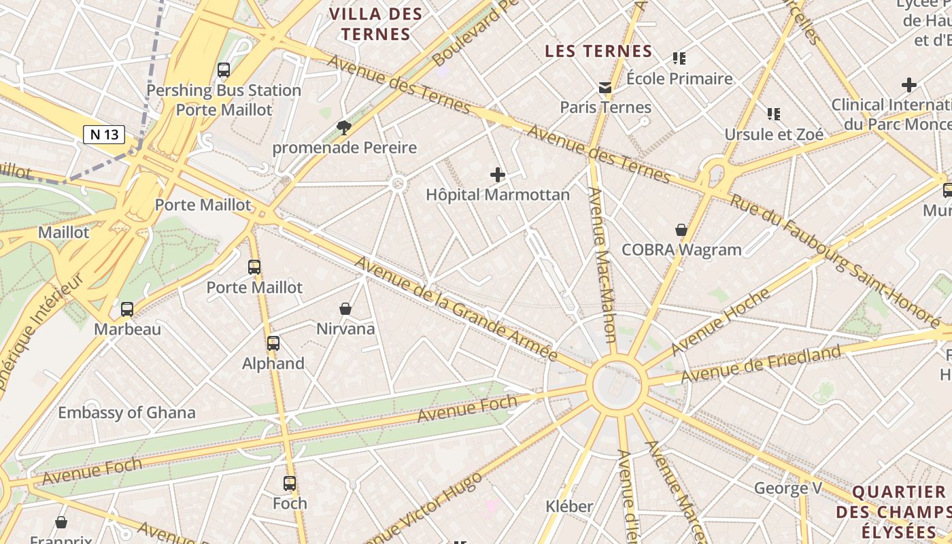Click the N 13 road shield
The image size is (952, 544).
[104, 134]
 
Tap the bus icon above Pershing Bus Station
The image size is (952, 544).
[224, 70]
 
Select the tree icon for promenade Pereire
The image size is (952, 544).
[344, 127]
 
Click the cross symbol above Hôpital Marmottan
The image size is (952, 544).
[498, 175]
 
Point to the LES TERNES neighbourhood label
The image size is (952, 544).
[598, 51]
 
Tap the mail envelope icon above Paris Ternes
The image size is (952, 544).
[605, 87]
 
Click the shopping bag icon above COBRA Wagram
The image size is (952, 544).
[681, 230]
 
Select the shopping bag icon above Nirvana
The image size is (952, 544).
[345, 309]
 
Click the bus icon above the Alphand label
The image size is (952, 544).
[273, 343]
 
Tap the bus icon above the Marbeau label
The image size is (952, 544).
[127, 309]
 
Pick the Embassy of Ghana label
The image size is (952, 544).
[126, 412]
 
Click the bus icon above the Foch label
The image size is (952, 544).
[290, 483]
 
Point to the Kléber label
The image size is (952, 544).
[569, 506]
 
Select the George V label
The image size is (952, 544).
[788, 488]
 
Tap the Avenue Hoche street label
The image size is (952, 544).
[720, 322]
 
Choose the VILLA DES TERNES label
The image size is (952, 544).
[375, 24]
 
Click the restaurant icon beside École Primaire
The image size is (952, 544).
[679, 58]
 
